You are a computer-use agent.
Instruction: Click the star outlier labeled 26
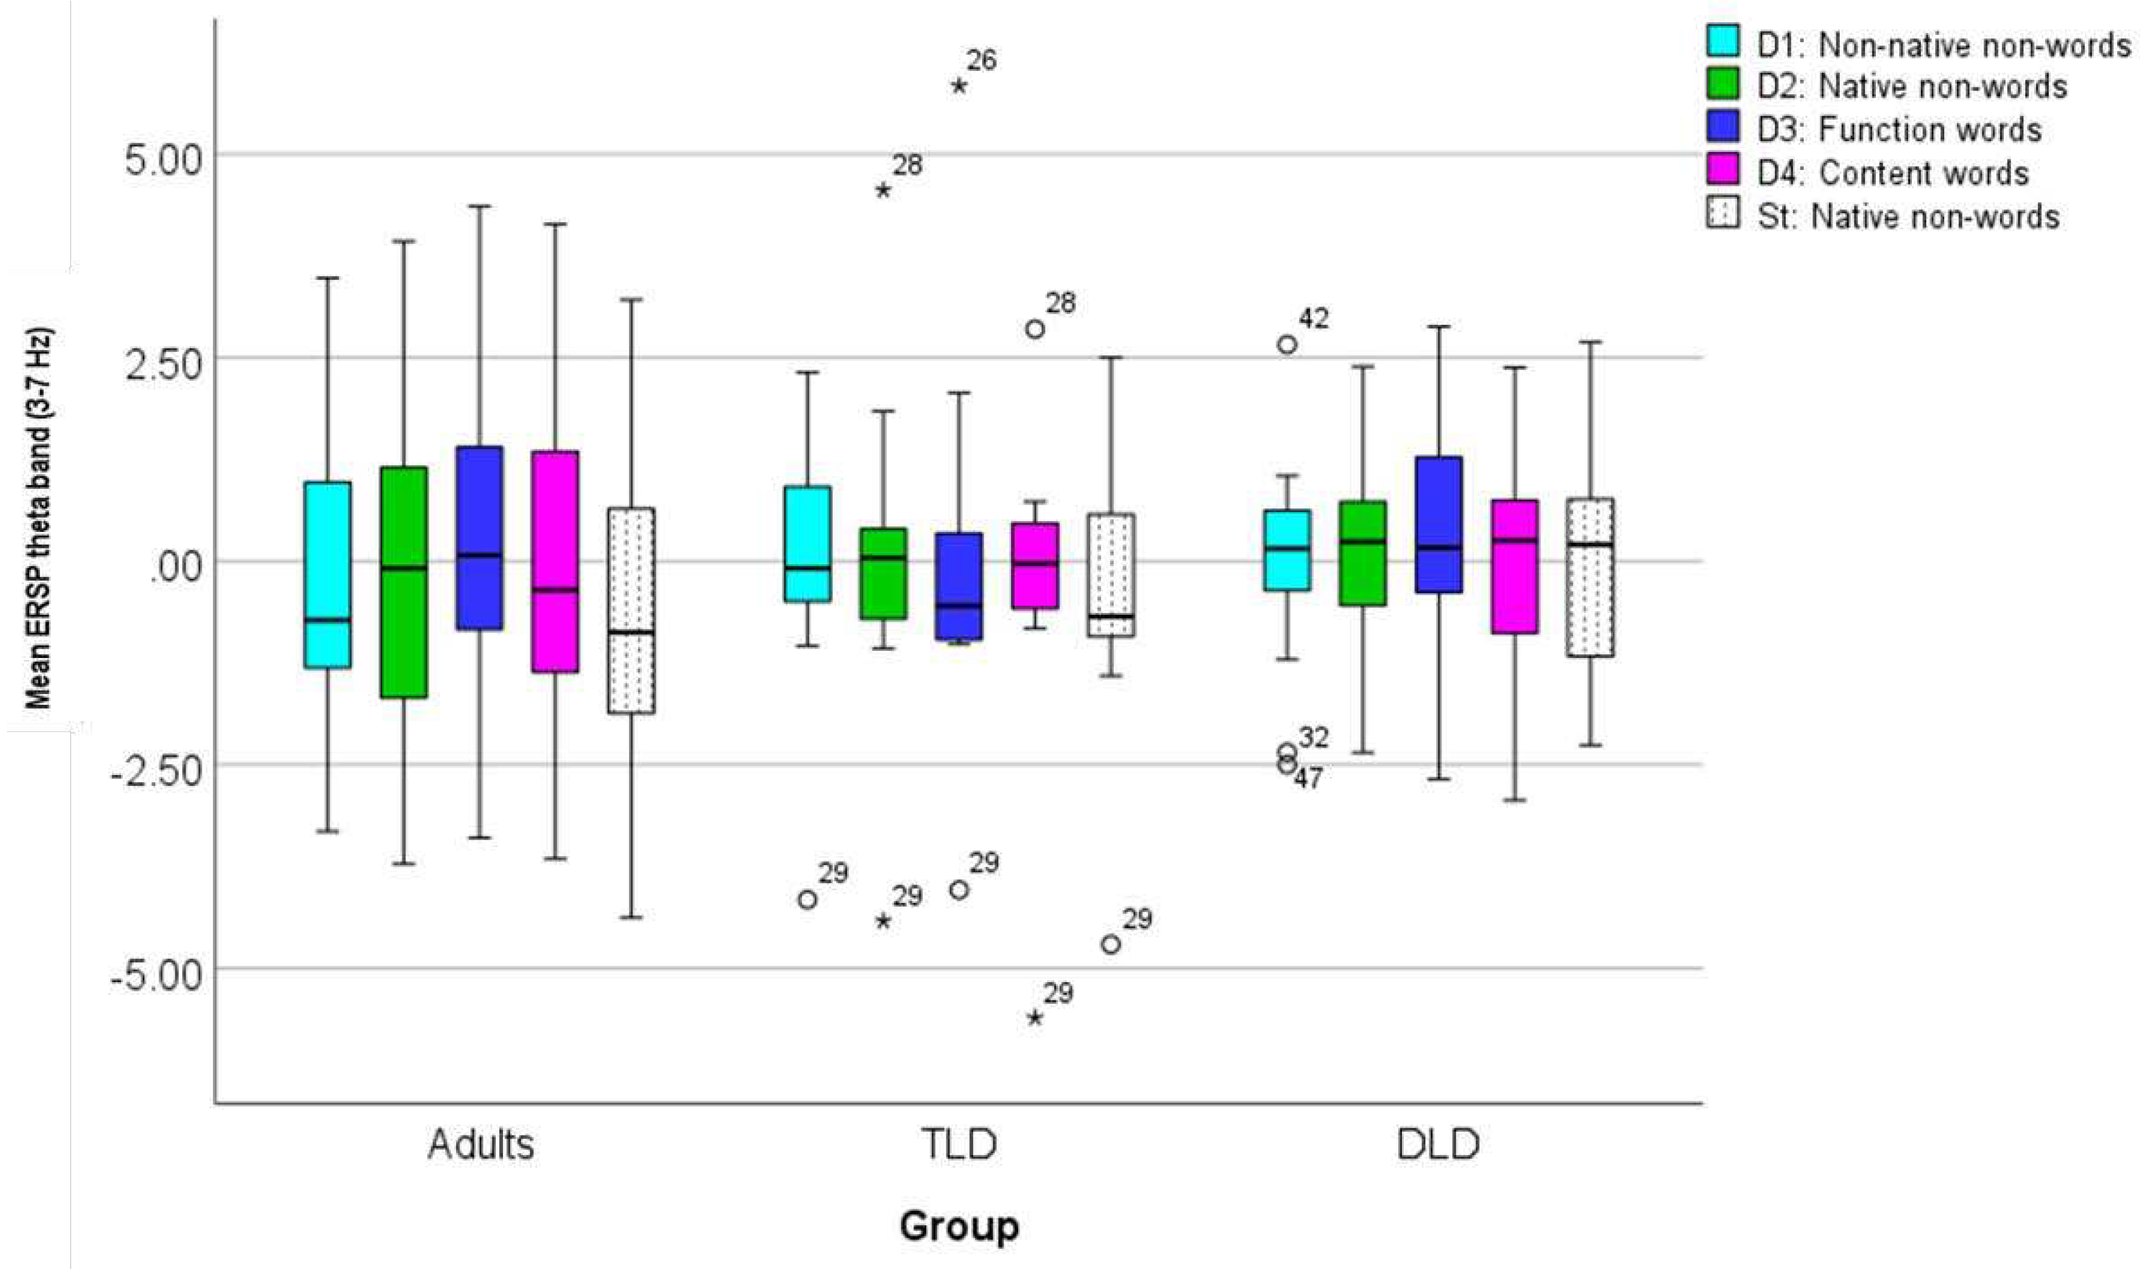click(x=959, y=85)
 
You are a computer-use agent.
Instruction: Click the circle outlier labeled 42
click(x=1287, y=344)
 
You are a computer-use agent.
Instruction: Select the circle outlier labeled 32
click(x=1287, y=752)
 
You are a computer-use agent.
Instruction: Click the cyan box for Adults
click(x=328, y=574)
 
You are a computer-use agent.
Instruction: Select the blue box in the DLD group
click(x=1439, y=524)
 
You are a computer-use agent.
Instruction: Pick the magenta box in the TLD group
click(x=1035, y=565)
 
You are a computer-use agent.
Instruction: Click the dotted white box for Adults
click(x=631, y=610)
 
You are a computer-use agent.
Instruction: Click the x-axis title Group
click(x=959, y=1226)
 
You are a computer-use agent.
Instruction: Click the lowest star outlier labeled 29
click(x=1035, y=1018)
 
